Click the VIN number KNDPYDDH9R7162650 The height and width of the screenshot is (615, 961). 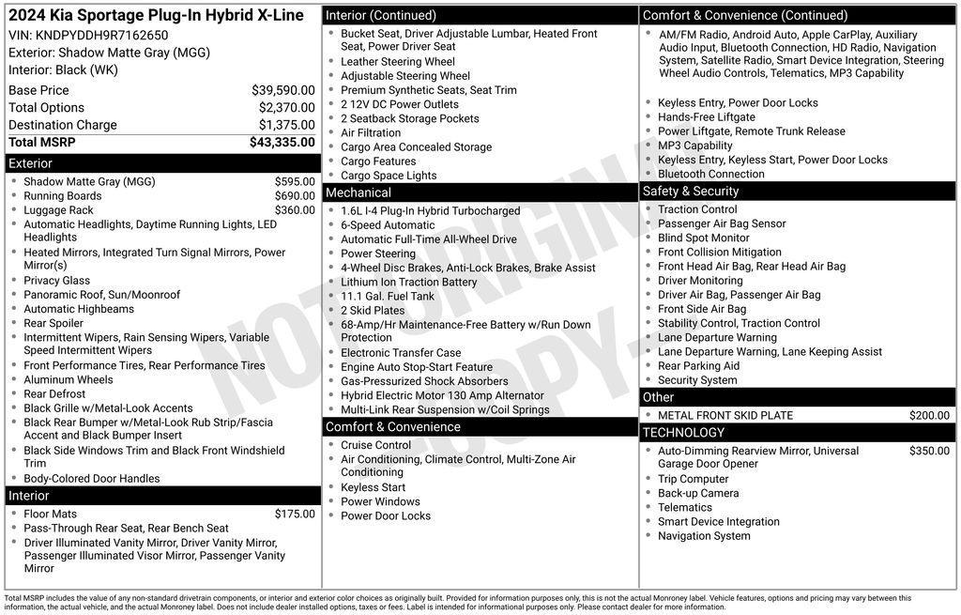[102, 36]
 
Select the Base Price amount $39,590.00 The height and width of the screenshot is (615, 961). [282, 90]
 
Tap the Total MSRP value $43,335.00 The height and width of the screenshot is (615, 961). [282, 143]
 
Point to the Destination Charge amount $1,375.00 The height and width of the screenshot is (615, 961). [286, 125]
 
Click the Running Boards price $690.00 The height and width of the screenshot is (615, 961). [295, 196]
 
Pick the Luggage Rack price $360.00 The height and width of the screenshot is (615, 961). [295, 210]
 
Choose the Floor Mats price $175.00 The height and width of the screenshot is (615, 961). [295, 514]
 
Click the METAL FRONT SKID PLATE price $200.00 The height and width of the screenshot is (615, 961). [929, 415]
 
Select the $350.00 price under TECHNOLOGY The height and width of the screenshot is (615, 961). [929, 451]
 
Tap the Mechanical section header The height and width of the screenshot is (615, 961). [358, 192]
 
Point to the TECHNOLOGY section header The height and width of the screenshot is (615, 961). [683, 432]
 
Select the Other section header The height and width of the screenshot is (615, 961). [658, 397]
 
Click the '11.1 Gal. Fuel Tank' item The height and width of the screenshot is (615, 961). [388, 296]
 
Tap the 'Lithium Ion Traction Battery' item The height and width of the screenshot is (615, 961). [408, 282]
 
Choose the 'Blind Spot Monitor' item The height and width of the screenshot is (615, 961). [703, 238]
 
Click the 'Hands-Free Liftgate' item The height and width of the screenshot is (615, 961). [706, 117]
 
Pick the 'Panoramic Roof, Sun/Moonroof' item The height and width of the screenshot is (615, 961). [101, 295]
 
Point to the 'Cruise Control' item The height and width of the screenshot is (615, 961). [375, 445]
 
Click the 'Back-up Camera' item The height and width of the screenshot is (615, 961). [697, 493]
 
